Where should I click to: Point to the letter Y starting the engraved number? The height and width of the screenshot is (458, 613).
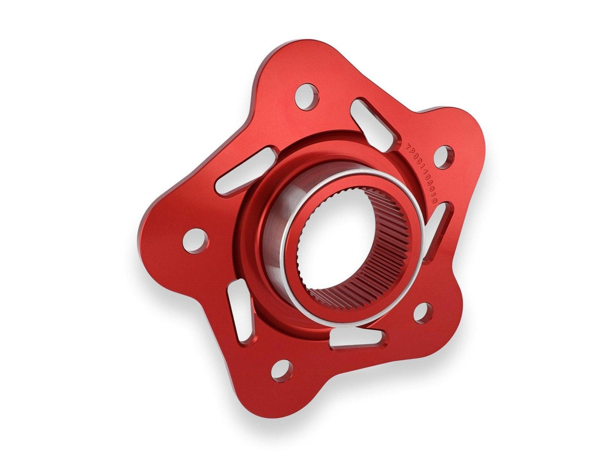tap(408, 144)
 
